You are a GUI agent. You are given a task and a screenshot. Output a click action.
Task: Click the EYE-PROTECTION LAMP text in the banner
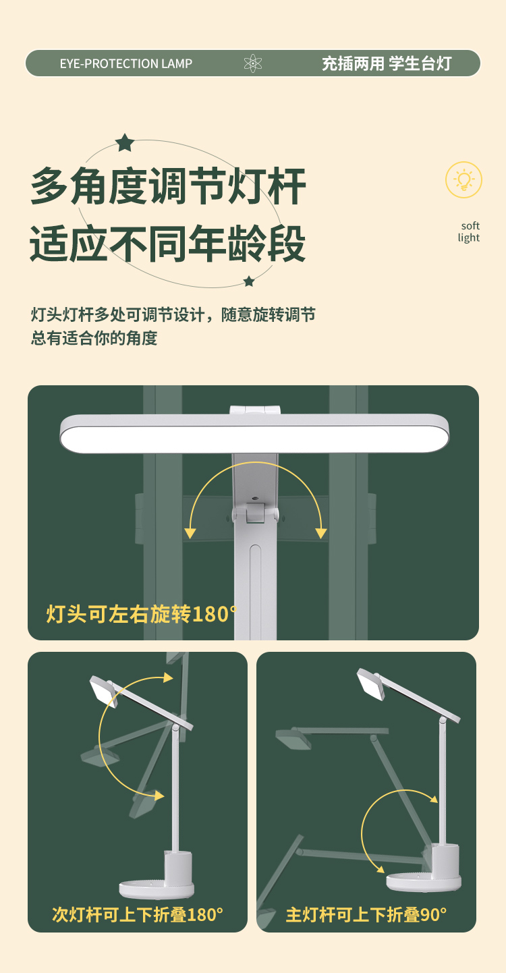tap(126, 64)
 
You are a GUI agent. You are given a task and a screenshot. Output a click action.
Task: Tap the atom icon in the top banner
tap(253, 63)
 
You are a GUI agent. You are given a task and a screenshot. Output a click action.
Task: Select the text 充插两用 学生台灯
tap(387, 63)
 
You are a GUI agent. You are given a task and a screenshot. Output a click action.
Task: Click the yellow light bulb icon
tap(463, 180)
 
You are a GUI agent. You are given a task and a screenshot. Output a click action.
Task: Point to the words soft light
tap(469, 231)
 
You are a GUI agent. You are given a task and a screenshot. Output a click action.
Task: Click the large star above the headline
tap(125, 142)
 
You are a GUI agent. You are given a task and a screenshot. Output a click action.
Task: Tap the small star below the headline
tap(249, 281)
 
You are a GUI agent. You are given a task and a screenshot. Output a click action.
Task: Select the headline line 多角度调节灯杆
tap(168, 187)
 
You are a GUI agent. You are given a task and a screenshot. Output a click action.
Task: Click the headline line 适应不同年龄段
tap(167, 243)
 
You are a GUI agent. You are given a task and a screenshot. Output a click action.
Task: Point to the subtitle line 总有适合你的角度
tap(94, 338)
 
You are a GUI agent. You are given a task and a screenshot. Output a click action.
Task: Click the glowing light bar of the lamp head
tap(254, 439)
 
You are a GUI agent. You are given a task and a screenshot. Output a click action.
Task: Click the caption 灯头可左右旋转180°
tap(142, 614)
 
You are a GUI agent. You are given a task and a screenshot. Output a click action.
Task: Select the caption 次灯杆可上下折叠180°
tap(138, 914)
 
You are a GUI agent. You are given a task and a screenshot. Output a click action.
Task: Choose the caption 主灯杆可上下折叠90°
tap(366, 914)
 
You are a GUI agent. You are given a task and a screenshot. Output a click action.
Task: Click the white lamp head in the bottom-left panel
tap(103, 692)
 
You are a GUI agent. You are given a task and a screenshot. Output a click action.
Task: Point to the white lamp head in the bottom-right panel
tap(371, 684)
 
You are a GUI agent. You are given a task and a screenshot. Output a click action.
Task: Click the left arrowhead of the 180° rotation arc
tap(190, 533)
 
